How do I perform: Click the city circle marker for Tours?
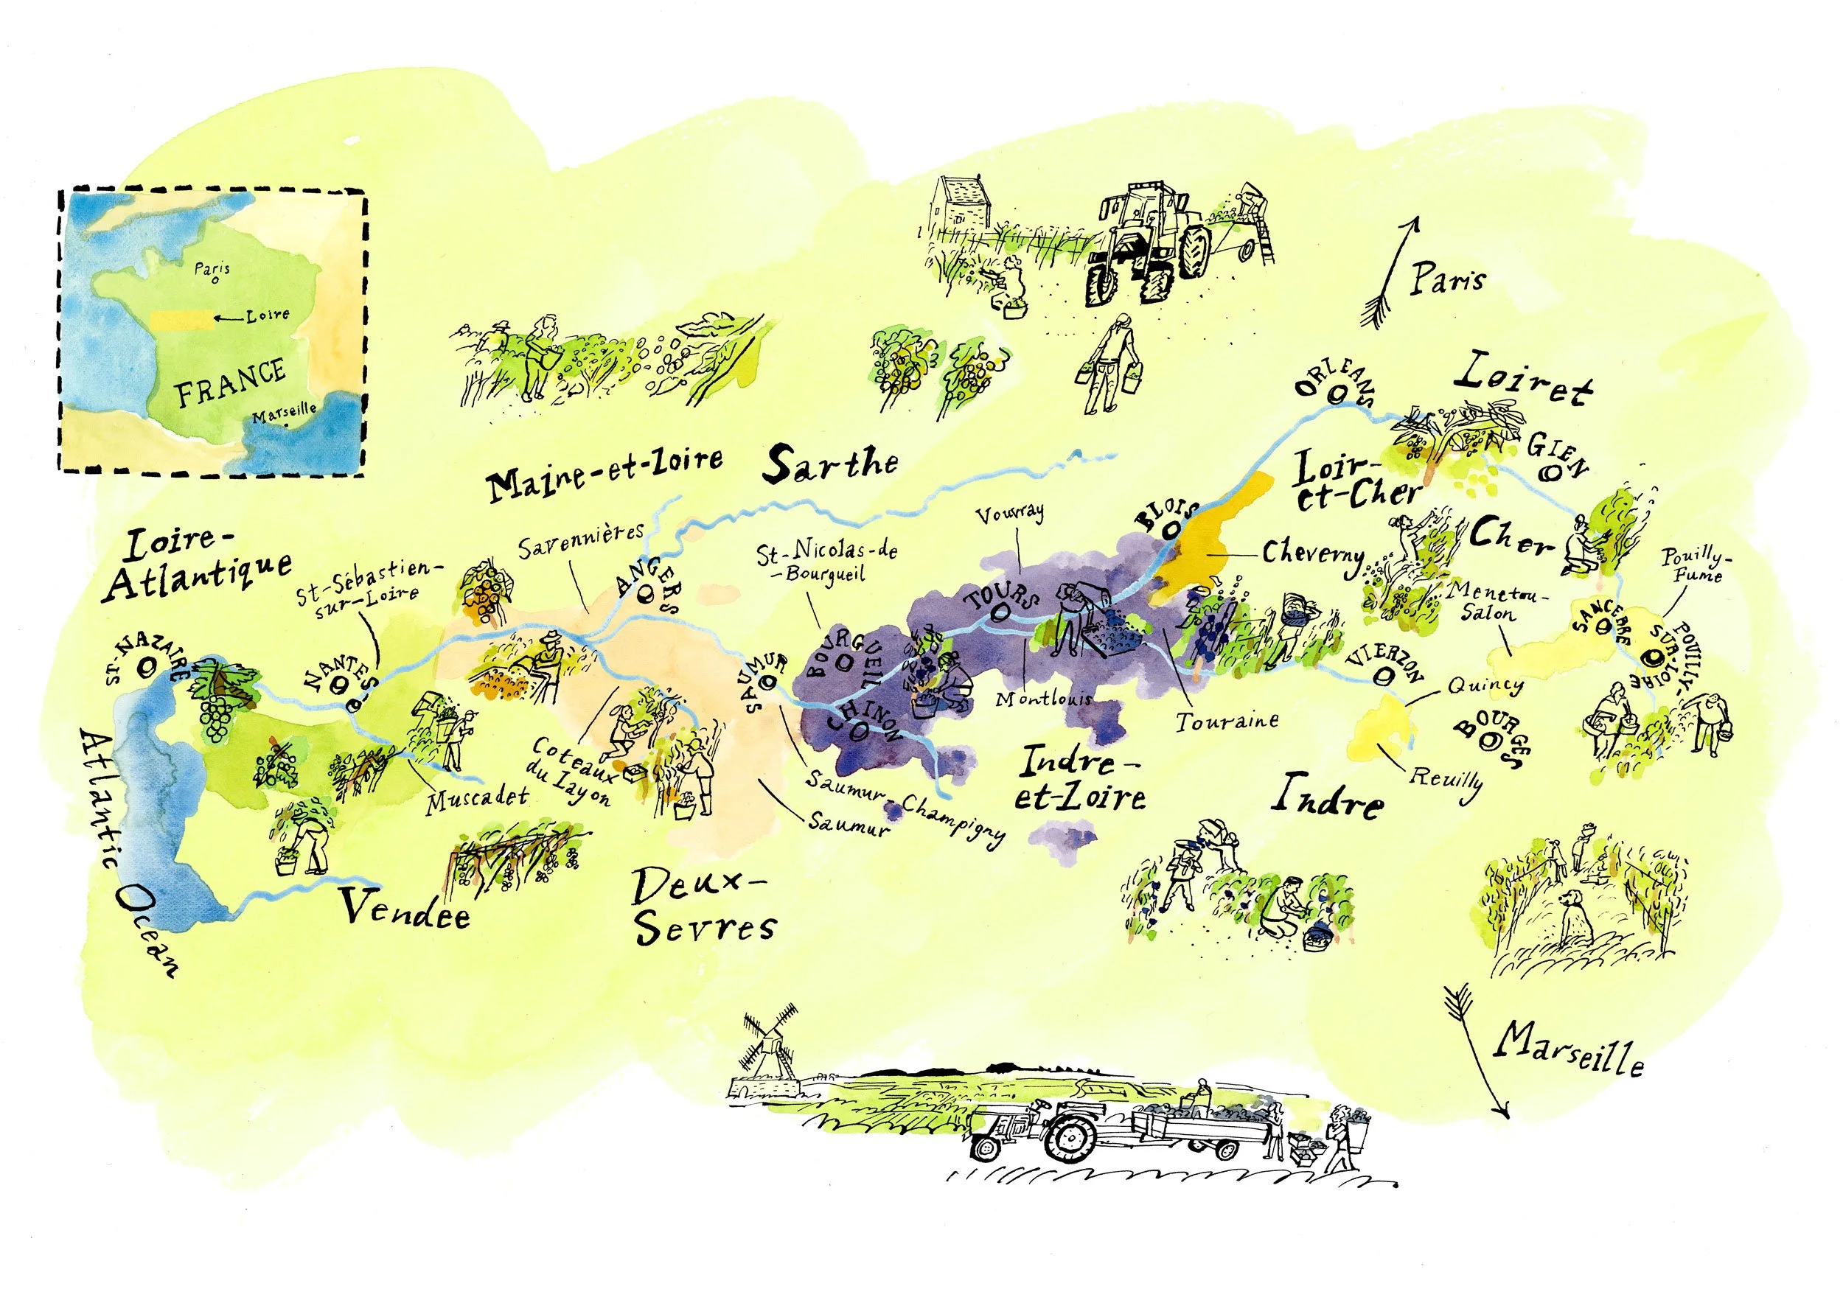point(1000,614)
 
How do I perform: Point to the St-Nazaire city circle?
point(147,666)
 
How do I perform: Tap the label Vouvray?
point(1011,513)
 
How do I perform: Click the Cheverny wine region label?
point(1313,554)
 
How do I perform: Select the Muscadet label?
point(478,797)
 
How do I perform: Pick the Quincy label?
point(1485,685)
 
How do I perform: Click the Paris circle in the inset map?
point(215,281)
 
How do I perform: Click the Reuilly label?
point(1446,779)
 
